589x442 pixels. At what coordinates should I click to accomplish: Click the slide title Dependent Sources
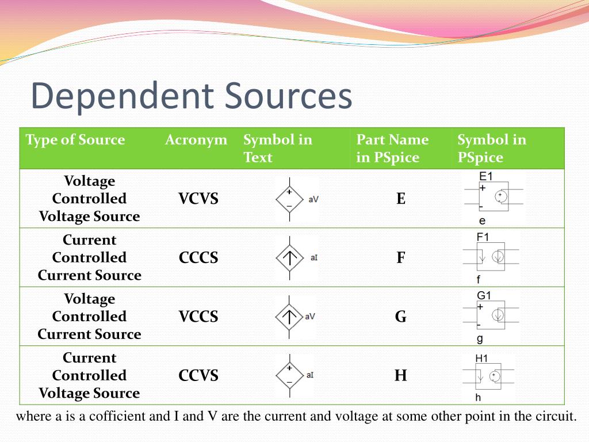tap(191, 96)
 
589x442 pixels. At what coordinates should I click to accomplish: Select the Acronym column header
tap(196, 140)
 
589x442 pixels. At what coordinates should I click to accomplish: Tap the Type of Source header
tap(75, 140)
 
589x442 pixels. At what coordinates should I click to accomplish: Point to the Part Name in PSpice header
tap(392, 148)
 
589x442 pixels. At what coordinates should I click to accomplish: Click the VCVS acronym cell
tap(198, 199)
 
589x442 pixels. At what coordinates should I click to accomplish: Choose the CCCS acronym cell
tap(198, 258)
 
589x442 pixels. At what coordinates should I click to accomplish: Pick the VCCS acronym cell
tap(198, 317)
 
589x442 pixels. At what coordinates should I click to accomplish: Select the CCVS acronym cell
tap(198, 376)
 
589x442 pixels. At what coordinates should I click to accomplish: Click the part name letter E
tap(401, 199)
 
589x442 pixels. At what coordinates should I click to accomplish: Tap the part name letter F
tap(401, 258)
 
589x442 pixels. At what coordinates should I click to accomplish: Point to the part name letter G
tap(401, 317)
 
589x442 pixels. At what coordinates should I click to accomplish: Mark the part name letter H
tap(401, 376)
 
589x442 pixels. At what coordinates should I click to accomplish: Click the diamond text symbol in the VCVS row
tap(289, 199)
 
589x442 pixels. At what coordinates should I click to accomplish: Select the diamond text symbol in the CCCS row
tap(289, 258)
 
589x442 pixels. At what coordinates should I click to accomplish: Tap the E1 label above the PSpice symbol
tap(486, 176)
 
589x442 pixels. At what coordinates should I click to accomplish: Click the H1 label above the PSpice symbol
tap(481, 358)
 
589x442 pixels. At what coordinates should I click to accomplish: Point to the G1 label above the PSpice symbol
tap(484, 295)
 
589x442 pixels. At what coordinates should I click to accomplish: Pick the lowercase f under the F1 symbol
tap(479, 280)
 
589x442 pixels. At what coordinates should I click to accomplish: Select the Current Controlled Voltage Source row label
tap(89, 376)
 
